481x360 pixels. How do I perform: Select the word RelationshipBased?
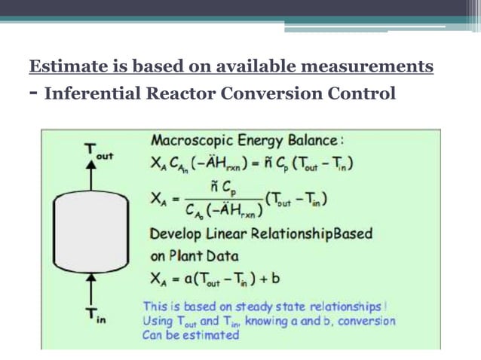tap(324, 233)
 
